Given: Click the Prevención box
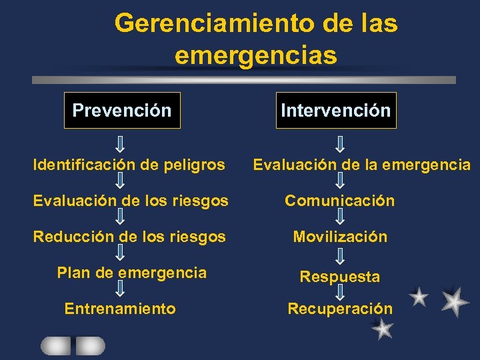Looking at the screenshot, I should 122,110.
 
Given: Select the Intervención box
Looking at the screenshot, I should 335,110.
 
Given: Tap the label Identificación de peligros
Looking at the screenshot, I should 129,164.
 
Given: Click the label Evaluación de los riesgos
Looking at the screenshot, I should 131,200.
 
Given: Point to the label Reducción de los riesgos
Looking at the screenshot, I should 129,236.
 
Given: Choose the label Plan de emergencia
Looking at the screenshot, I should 132,272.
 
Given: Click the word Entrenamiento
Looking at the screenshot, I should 120,308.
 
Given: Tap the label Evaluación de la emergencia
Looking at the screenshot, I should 361,164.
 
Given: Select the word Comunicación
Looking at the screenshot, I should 339,200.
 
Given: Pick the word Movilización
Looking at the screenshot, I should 340,236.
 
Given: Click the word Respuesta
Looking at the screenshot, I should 340,276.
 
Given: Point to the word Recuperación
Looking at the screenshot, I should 340,308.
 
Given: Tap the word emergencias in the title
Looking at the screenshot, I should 256,55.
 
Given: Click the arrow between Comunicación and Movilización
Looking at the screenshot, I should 339,217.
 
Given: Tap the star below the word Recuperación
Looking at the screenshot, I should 383,329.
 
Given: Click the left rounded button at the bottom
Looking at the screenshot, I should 56,345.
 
